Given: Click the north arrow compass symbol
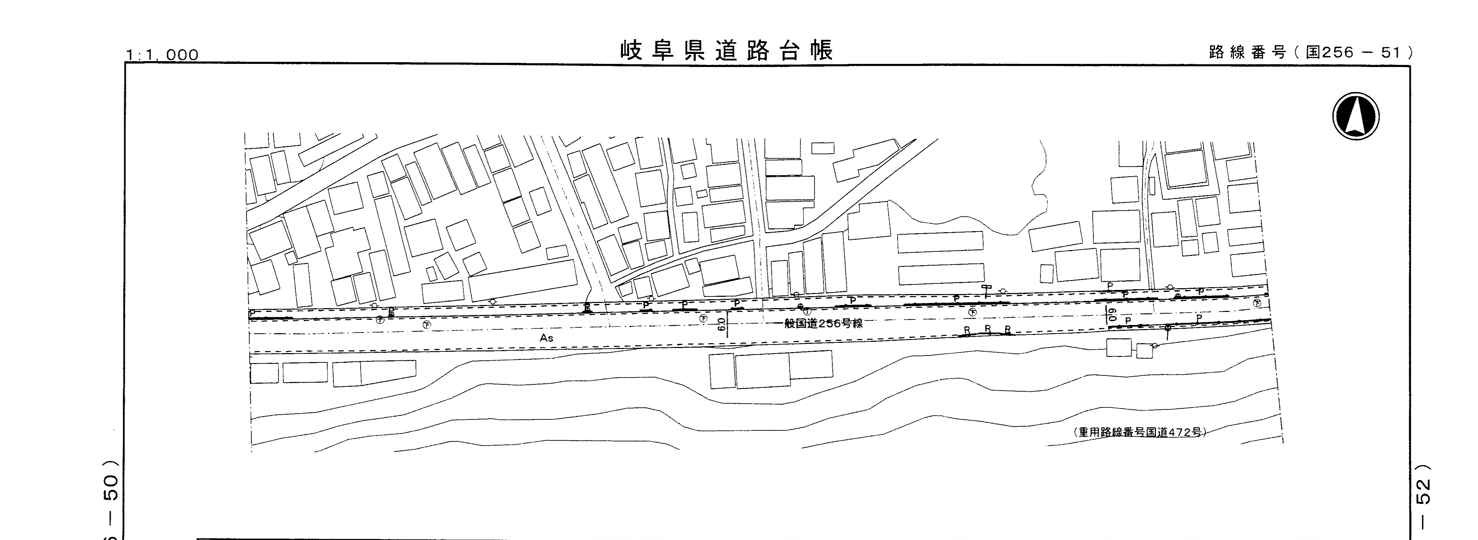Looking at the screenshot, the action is pyautogui.click(x=1356, y=116).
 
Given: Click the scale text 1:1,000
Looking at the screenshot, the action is pyautogui.click(x=162, y=55).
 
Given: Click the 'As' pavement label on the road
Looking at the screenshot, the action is pyautogui.click(x=546, y=338).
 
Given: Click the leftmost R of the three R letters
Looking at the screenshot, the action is pyautogui.click(x=967, y=330).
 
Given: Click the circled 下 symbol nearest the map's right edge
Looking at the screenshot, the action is pyautogui.click(x=1257, y=303).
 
